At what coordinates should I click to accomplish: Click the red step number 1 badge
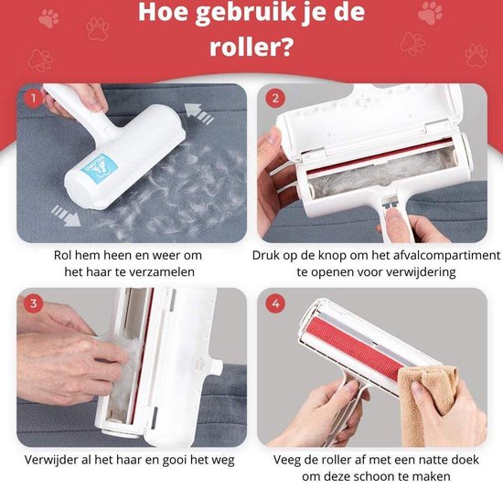click(33, 99)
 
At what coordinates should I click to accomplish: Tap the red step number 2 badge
click(275, 99)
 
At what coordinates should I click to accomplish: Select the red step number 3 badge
click(34, 303)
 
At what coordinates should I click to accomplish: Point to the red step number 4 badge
click(275, 303)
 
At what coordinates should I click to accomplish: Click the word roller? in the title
click(251, 47)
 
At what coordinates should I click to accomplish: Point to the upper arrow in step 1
click(199, 114)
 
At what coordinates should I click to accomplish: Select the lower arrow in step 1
click(66, 215)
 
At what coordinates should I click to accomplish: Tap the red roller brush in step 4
click(352, 347)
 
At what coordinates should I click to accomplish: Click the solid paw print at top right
click(430, 13)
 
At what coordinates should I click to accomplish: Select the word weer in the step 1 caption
click(166, 256)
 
